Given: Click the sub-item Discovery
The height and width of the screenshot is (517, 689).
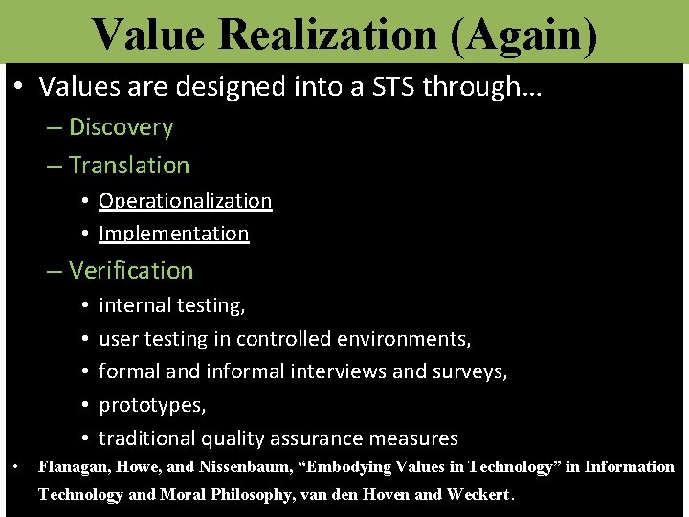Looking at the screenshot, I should point(121,127).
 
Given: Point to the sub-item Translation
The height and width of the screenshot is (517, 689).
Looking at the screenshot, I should point(129,165).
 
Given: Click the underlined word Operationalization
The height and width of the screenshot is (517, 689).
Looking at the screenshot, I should point(186,200).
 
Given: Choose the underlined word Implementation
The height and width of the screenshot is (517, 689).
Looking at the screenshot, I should point(174,234).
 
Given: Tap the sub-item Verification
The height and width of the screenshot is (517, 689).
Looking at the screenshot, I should point(131,271).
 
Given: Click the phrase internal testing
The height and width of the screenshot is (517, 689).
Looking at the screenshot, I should point(172,305).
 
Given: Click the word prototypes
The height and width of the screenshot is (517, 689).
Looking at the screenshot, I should point(152,405).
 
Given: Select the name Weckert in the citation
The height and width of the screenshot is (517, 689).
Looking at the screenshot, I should point(478,495).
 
